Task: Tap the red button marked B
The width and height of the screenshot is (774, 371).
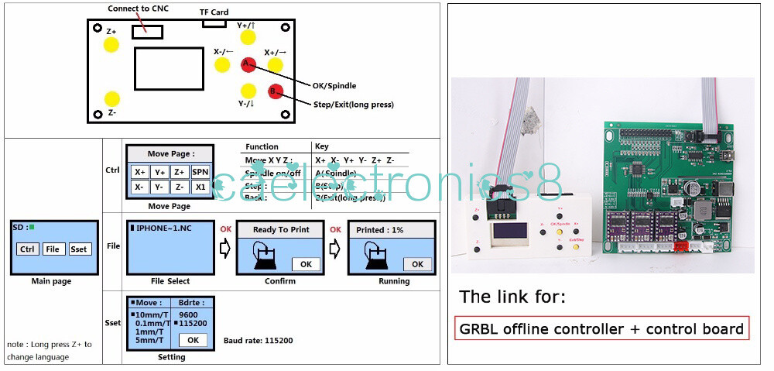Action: (276, 91)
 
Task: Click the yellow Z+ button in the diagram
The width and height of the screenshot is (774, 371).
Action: (111, 43)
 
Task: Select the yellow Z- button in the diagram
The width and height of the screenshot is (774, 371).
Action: (112, 98)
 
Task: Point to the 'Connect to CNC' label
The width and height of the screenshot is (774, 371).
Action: (139, 9)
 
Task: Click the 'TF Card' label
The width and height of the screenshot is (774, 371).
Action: (214, 12)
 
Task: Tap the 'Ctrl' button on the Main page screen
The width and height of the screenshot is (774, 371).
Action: (27, 249)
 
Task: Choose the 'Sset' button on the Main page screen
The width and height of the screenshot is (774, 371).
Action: (79, 249)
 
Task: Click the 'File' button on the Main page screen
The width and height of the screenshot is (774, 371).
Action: (53, 249)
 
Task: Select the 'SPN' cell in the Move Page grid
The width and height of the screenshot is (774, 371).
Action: (200, 172)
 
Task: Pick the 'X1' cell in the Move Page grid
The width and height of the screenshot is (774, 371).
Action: (200, 187)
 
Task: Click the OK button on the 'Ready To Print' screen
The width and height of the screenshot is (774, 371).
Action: (306, 264)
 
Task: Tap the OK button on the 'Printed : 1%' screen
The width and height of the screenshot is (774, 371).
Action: (417, 264)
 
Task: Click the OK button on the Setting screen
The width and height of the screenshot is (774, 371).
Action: (193, 340)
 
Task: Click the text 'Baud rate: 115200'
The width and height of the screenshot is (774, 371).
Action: (259, 341)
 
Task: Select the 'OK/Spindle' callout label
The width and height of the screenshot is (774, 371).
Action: (334, 86)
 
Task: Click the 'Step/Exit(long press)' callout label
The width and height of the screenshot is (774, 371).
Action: (353, 105)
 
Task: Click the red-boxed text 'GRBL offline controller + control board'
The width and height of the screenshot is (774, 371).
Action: (601, 328)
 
